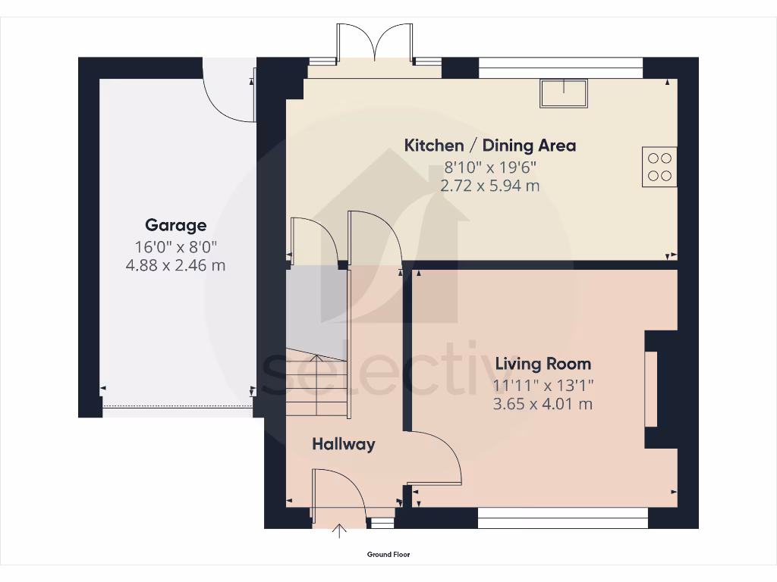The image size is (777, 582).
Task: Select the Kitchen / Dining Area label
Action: click(489, 145)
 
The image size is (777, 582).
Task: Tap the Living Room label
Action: click(543, 364)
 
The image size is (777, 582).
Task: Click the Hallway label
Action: click(343, 444)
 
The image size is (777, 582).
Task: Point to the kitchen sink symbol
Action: click(563, 92)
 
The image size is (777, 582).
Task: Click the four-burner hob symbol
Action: click(659, 167)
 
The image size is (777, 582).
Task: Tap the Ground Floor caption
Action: click(388, 555)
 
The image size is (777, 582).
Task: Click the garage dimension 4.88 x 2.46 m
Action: click(175, 266)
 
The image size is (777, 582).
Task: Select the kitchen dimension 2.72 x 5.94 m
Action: click(489, 186)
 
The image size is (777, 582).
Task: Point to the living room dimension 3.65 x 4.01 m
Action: click(543, 404)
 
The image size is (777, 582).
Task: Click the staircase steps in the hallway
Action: click(316, 386)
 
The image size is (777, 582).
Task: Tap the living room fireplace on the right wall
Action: click(651, 389)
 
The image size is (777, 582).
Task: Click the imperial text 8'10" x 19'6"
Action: click(489, 167)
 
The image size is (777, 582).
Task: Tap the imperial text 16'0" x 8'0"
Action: click(175, 246)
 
